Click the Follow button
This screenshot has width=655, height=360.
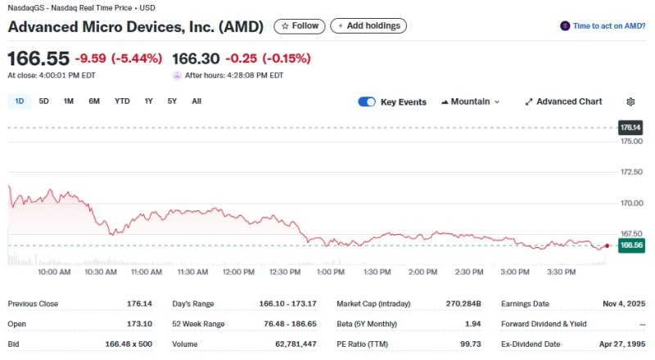click(x=300, y=26)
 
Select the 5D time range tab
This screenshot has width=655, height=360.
click(x=44, y=101)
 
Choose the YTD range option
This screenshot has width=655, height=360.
click(x=122, y=101)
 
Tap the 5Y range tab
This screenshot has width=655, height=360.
click(x=172, y=101)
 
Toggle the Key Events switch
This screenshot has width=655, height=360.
click(x=367, y=102)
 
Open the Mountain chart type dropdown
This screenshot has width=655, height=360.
click(x=470, y=102)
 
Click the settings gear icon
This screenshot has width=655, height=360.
click(x=630, y=102)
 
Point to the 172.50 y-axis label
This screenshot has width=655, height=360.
click(x=630, y=172)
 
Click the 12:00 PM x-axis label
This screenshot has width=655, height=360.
click(x=238, y=272)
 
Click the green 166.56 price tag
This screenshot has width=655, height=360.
click(x=631, y=245)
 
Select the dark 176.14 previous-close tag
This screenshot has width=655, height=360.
click(x=631, y=128)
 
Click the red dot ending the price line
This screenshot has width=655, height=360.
click(x=607, y=245)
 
